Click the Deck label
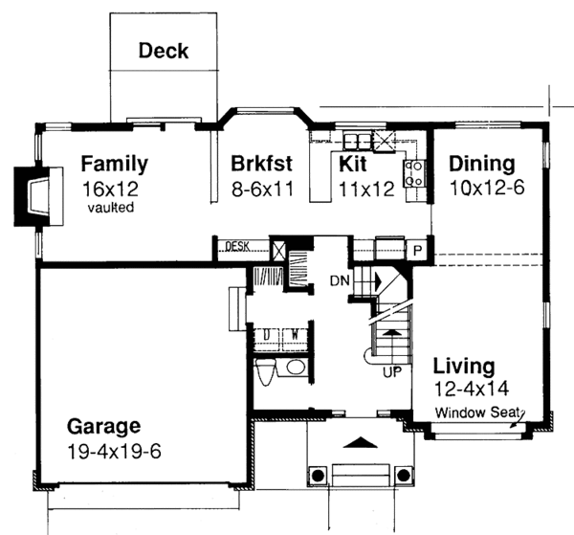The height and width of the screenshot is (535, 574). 164,51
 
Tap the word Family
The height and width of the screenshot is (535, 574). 114,164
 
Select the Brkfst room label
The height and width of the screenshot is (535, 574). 261,164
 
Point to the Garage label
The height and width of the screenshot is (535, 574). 103,426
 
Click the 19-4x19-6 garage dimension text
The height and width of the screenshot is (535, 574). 114,452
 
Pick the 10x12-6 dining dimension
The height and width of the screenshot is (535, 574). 487,189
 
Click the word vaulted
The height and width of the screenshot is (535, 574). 111,208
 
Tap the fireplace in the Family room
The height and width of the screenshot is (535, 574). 38,196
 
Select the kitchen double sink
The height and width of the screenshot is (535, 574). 357,141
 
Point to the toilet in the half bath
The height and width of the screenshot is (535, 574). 265,371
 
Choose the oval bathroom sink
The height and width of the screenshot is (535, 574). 296,367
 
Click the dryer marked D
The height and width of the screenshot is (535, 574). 267,335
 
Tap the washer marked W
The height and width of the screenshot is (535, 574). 295,335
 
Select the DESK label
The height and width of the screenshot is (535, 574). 237,246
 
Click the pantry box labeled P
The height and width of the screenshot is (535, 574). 417,251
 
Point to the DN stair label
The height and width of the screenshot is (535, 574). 340,280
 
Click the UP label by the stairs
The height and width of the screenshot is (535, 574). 392,372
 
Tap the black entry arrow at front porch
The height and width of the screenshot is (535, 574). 360,442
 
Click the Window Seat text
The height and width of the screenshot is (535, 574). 477,413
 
